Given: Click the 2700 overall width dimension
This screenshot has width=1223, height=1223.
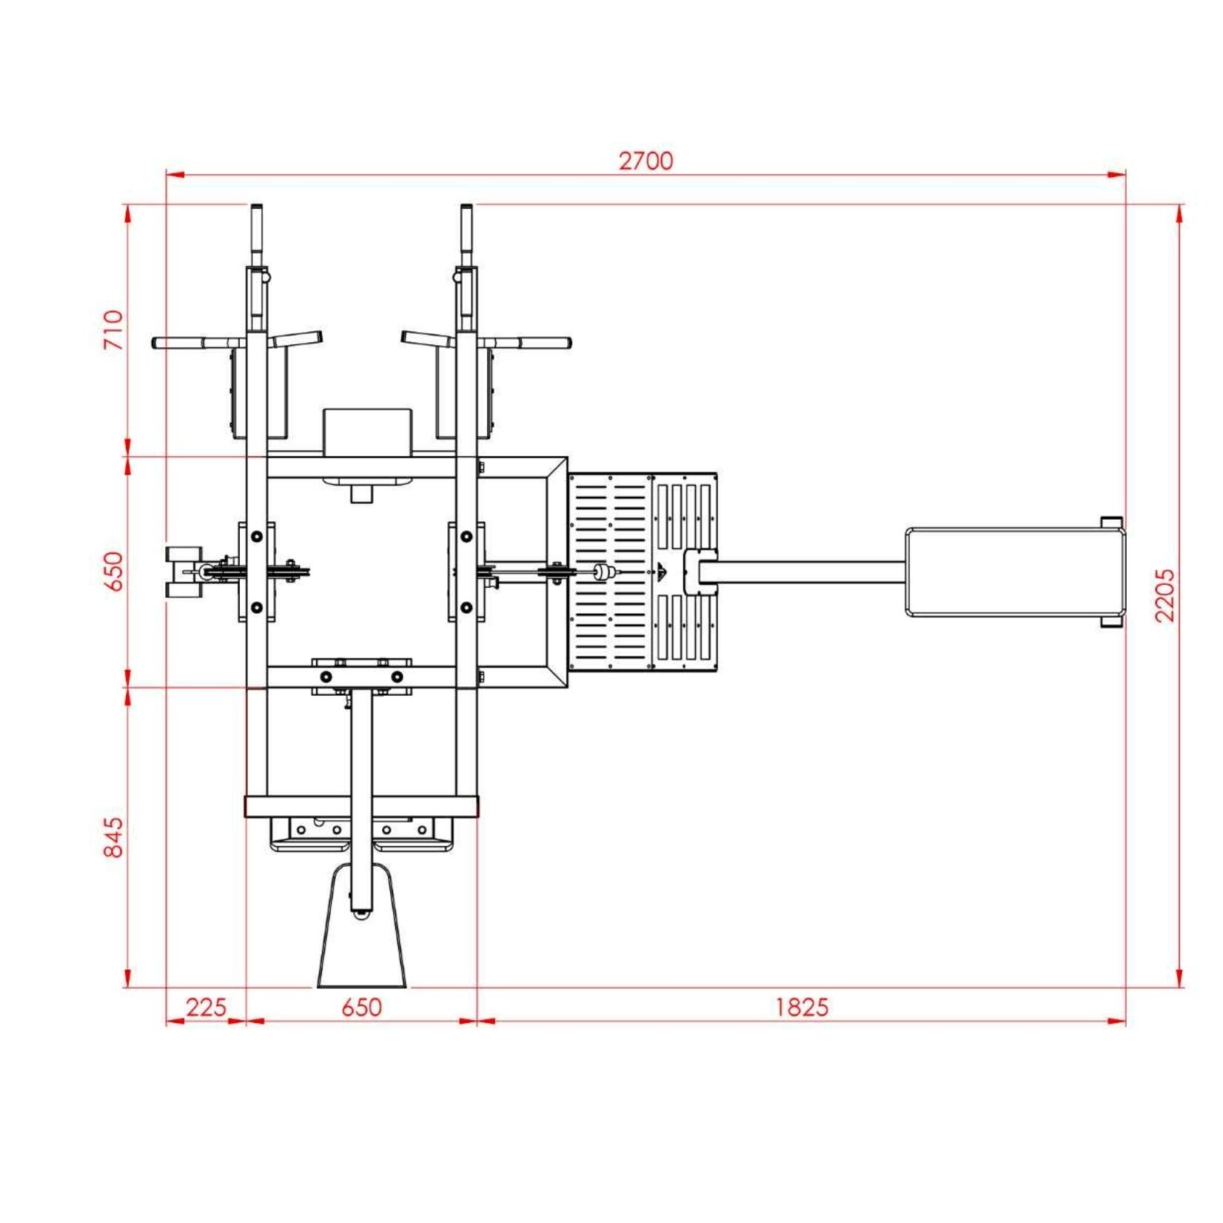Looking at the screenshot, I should [646, 161].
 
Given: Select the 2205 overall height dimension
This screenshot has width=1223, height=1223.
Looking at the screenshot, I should [1165, 595].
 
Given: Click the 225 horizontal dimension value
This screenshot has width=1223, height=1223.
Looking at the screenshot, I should [205, 1007].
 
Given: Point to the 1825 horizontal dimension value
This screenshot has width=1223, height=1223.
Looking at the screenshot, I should [802, 1007].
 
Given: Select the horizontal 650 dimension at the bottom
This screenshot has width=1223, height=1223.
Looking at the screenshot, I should [361, 1007].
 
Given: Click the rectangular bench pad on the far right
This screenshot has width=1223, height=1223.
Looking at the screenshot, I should [1014, 572].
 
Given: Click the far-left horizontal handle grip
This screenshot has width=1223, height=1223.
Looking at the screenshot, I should [178, 344].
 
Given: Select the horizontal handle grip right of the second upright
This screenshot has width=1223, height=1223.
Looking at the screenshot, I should [544, 344].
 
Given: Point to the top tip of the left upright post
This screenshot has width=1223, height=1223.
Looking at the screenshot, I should [256, 207].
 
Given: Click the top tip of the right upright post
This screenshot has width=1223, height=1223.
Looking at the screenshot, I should [466, 207].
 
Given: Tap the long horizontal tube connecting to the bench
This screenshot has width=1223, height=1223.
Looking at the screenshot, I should [807, 572].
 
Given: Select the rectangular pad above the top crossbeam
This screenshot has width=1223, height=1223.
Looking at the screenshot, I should [367, 431].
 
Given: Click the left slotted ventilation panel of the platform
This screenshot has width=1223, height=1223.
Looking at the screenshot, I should [610, 572].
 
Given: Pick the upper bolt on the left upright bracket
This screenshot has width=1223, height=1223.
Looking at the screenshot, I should [256, 536].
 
